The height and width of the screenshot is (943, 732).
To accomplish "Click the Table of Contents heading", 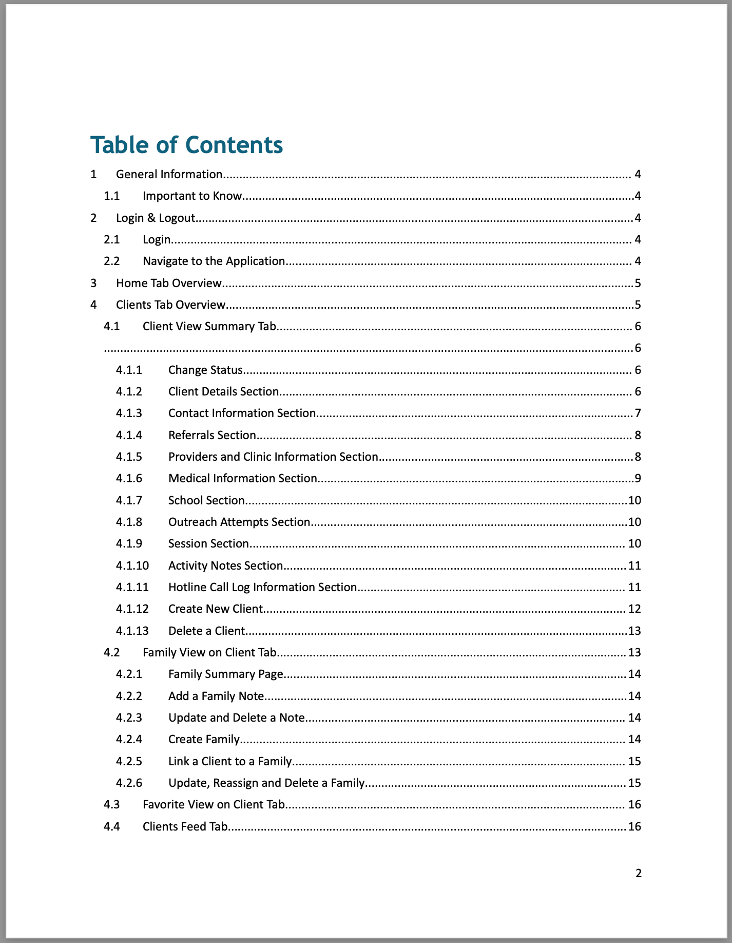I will pos(186,145).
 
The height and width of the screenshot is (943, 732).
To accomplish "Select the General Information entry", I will pos(169,174).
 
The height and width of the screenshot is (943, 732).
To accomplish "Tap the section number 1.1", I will pos(111,196).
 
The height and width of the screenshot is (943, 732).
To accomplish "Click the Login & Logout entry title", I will pos(156,218).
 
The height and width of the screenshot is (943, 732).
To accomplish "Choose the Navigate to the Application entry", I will pos(214,261).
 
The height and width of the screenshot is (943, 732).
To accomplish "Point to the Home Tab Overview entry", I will pos(169,283).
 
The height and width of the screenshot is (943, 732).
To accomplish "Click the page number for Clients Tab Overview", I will pos(638,305).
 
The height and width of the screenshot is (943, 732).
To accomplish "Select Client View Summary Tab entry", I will pos(209,326).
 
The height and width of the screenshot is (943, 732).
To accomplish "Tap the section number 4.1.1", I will pos(129,370).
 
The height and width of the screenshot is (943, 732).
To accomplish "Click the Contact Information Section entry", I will pos(242,413).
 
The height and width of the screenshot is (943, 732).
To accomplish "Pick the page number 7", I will pos(638,413).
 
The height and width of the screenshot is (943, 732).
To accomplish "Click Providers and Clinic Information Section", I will pos(273,457).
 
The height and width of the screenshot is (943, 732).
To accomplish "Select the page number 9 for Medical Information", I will pos(638,478).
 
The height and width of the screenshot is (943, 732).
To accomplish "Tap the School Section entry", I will pos(206,500).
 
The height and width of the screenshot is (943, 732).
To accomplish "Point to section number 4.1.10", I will pos(132,565).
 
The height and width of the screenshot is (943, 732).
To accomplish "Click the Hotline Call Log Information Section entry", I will pos(262,587).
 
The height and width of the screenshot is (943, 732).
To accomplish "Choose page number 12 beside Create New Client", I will pos(634,609).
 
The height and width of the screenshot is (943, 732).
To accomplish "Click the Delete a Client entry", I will pos(206,631).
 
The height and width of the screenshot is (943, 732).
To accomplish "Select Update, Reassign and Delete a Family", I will pos(266,783).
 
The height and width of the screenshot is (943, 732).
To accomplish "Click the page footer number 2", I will pos(638,873).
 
